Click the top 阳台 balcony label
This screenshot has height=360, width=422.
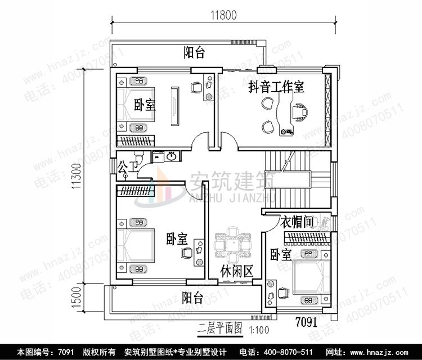point(194,53)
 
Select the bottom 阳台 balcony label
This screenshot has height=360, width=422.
point(194,296)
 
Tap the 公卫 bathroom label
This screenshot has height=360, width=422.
point(127,166)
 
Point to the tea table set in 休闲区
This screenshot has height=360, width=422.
point(232,245)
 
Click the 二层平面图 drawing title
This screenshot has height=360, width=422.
point(219,327)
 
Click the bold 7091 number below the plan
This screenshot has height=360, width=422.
point(307,323)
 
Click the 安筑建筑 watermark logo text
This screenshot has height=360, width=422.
point(231,181)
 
